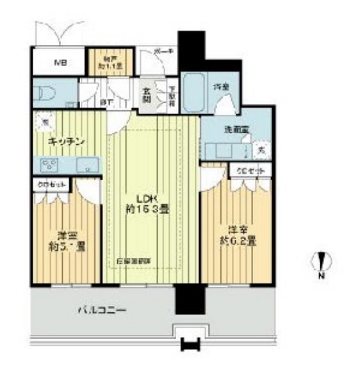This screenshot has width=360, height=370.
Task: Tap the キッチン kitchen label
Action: (65, 142)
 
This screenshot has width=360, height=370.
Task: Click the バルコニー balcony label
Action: (101, 310)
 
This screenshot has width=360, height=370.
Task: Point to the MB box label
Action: (60, 63)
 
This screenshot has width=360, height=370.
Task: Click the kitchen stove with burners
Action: (50, 165)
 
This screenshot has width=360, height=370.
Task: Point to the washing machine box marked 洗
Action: (261, 151)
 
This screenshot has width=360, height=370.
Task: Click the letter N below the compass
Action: (323, 276)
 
